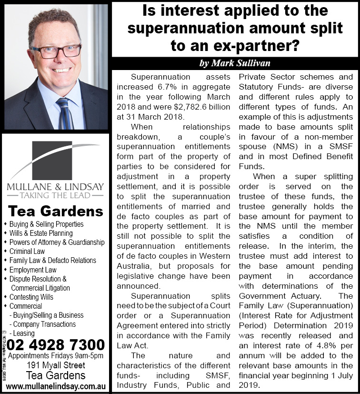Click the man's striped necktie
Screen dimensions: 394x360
point(64,112)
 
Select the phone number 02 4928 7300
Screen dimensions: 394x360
point(56,344)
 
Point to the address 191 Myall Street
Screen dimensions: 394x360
point(56,365)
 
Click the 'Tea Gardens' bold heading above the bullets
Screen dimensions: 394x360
point(56,211)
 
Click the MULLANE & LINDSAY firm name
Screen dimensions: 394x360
point(55,186)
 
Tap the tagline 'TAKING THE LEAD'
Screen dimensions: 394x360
point(55,195)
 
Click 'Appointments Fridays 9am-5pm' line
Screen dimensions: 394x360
point(56,356)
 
